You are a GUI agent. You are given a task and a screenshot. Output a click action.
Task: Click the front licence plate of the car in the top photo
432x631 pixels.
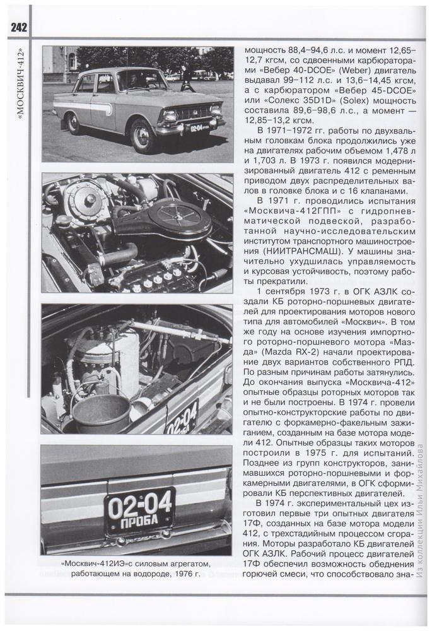pos(199,127)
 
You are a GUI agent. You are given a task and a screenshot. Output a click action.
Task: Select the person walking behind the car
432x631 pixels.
pos(187,78)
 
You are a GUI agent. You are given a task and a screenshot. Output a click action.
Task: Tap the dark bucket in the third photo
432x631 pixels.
pos(101,413)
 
